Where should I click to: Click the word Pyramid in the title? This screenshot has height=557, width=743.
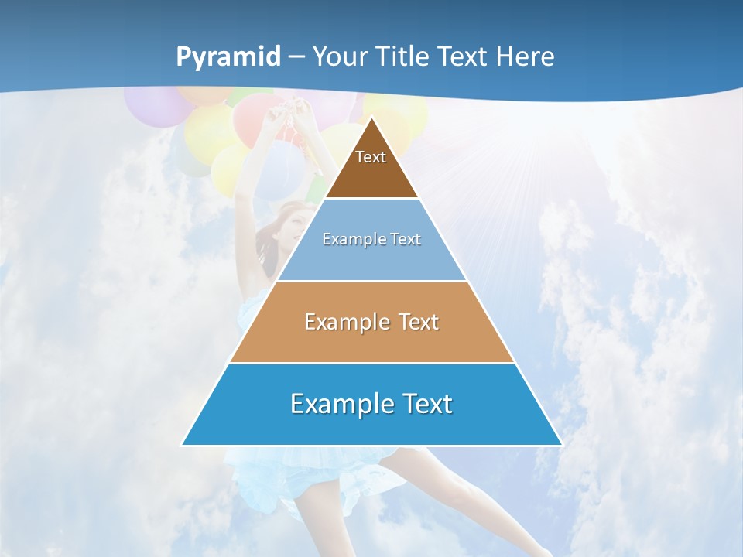tap(228, 57)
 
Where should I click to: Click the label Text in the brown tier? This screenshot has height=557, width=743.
tap(371, 157)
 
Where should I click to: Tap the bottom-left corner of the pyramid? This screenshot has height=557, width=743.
tap(183, 445)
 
